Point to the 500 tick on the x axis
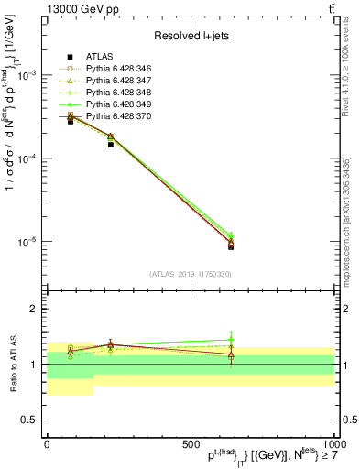191,443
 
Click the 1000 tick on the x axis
331,443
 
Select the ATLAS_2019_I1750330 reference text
190,274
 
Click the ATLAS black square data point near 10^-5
231,246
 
